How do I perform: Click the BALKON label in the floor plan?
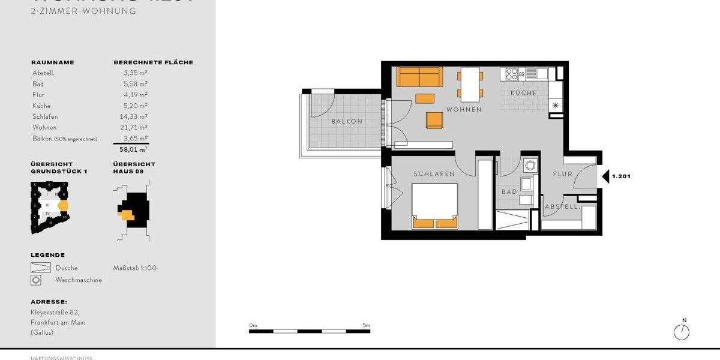click(x=347, y=121)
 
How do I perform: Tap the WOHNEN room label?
click(x=464, y=110)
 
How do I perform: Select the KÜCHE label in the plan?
click(x=523, y=93)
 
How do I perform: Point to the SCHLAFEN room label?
click(x=434, y=174)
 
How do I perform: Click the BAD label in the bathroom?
click(x=509, y=192)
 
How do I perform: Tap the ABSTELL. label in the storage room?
click(x=562, y=207)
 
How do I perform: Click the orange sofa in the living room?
click(x=419, y=77)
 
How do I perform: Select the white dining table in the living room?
click(x=471, y=84)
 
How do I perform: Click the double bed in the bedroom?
click(x=434, y=206)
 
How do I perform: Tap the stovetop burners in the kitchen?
click(x=512, y=74)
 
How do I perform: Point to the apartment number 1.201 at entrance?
click(x=621, y=176)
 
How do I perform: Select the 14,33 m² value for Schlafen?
click(x=135, y=116)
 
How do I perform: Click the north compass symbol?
click(x=682, y=331)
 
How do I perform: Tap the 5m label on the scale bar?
click(x=366, y=325)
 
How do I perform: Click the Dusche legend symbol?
click(x=41, y=268)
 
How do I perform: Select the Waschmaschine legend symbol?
click(x=37, y=280)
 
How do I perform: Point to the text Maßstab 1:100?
click(x=134, y=268)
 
